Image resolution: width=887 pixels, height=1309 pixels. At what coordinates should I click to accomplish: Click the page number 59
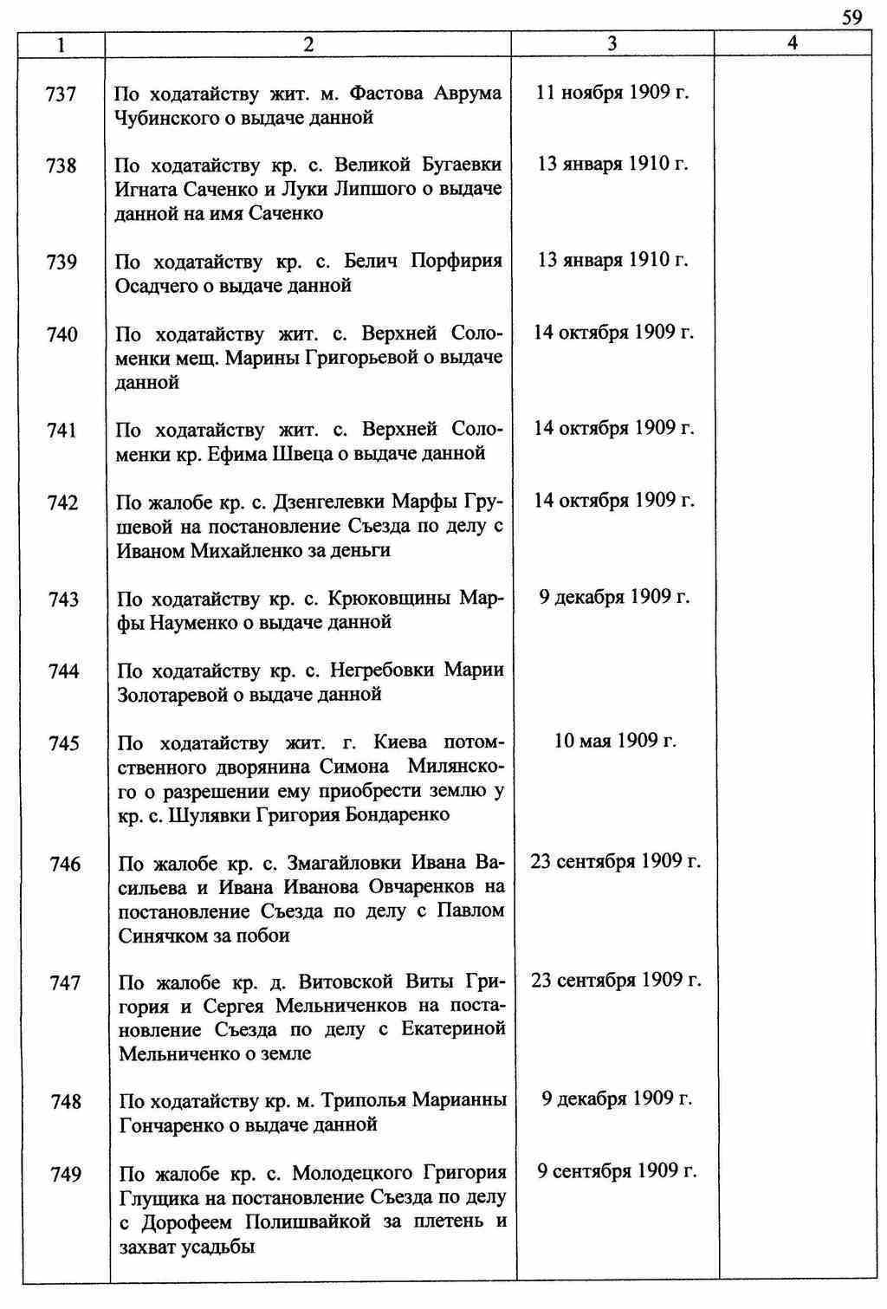point(852,17)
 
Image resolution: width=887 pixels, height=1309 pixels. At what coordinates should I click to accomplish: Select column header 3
point(612,43)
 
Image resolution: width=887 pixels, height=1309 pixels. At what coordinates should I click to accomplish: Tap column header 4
point(793,43)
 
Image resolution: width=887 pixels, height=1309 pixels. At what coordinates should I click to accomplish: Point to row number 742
point(63,503)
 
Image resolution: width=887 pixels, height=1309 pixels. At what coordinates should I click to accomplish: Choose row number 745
point(64,743)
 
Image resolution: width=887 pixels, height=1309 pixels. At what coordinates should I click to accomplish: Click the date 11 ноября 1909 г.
point(612,93)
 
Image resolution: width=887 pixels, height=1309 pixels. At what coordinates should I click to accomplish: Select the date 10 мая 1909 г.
point(615,741)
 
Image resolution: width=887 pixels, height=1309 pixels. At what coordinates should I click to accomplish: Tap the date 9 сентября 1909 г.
point(617,1171)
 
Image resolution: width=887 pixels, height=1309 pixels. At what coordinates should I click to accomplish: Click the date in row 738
point(612,164)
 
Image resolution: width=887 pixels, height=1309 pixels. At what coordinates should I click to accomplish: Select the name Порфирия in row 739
point(456,261)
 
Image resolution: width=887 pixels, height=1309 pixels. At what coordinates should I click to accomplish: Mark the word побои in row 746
point(265,935)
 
